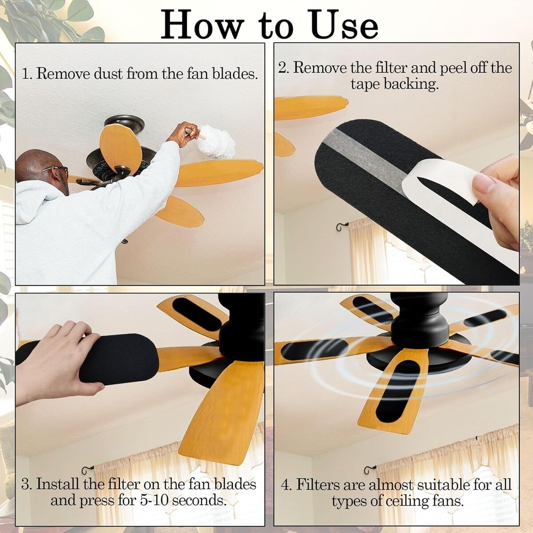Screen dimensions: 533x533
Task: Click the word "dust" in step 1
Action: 108,74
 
